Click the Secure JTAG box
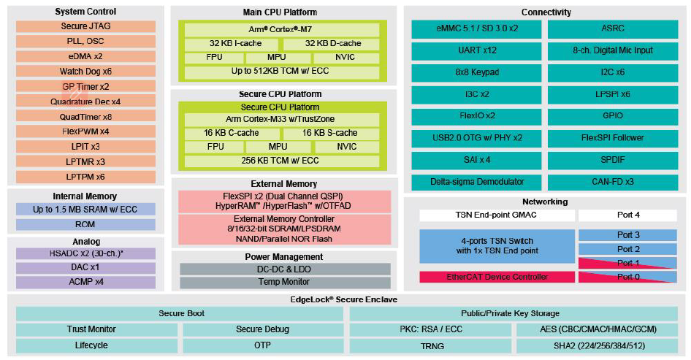click(85, 26)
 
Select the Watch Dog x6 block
click(85, 72)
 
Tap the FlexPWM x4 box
click(85, 131)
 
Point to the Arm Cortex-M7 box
click(282, 30)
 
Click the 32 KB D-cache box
click(331, 44)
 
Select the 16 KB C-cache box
click(231, 133)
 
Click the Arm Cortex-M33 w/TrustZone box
click(282, 120)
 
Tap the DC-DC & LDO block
click(285, 269)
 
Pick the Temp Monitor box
click(285, 282)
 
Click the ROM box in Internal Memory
click(85, 224)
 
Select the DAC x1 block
click(85, 267)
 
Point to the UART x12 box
click(476, 50)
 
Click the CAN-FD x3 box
click(613, 182)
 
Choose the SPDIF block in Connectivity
click(613, 160)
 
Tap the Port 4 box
click(627, 215)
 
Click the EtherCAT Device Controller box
click(497, 277)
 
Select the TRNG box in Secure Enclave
click(431, 346)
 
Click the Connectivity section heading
click(546, 12)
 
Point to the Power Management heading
click(284, 257)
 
